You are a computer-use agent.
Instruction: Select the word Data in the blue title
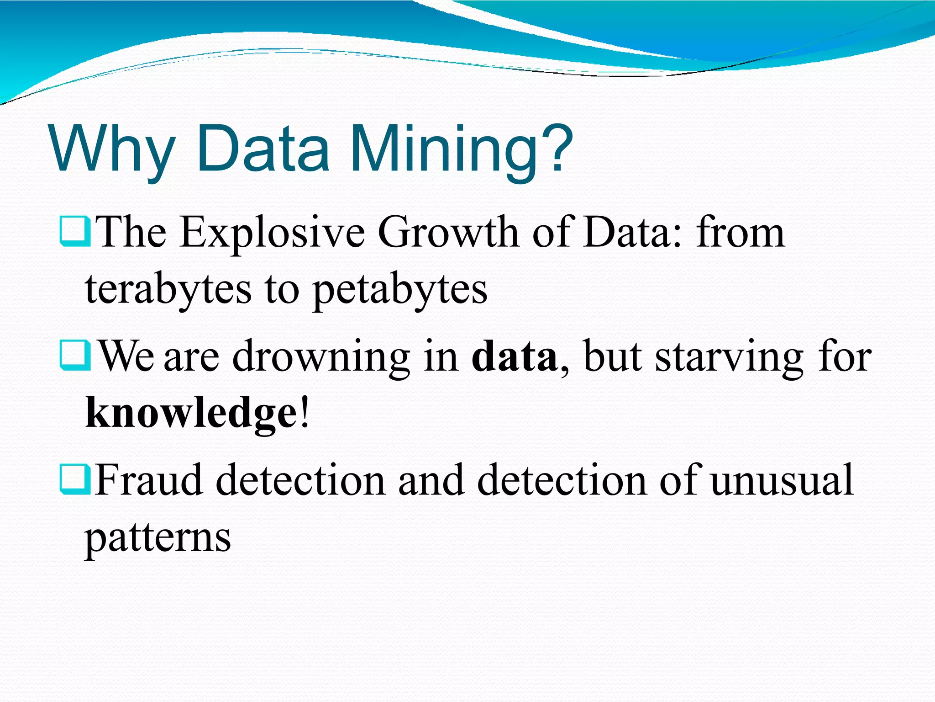click(263, 149)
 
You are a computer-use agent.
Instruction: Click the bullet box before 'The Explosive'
click(74, 232)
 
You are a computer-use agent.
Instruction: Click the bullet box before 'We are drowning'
click(74, 355)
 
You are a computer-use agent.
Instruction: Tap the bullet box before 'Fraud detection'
click(74, 479)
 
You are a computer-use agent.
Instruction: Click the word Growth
click(448, 233)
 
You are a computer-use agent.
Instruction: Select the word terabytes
click(168, 290)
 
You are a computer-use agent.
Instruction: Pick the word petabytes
click(400, 290)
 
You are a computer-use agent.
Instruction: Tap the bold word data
click(514, 356)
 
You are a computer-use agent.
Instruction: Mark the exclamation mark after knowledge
click(305, 411)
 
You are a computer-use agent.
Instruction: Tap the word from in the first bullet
click(741, 233)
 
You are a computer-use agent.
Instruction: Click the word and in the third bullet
click(431, 480)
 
